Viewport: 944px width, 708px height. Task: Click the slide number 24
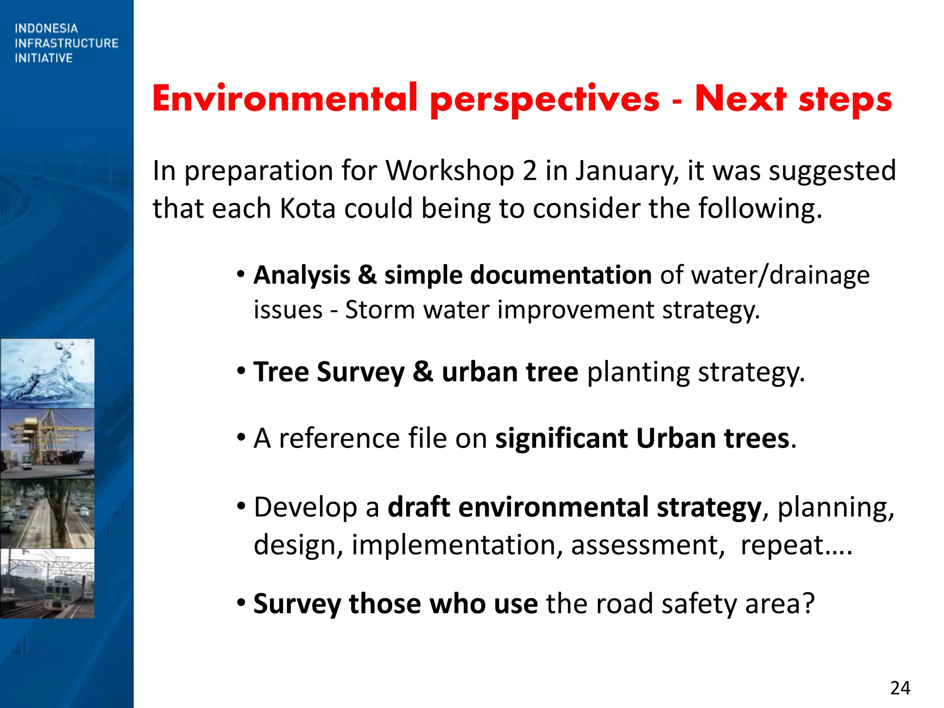point(900,688)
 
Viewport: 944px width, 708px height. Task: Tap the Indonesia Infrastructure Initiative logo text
point(66,43)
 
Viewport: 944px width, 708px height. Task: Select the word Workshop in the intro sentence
point(449,171)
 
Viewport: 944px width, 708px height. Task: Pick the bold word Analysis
point(301,275)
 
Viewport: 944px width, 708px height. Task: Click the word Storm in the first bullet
point(380,310)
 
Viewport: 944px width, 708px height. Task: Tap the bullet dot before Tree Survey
point(241,370)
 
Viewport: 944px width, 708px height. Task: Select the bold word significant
point(561,438)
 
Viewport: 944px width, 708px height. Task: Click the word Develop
point(305,507)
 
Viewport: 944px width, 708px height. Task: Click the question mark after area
point(808,603)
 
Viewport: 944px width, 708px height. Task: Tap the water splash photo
point(47,373)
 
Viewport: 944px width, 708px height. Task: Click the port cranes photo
point(47,443)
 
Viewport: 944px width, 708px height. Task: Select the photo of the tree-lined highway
point(47,513)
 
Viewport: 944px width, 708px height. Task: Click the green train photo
point(47,583)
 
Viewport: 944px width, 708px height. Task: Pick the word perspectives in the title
point(544,99)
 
